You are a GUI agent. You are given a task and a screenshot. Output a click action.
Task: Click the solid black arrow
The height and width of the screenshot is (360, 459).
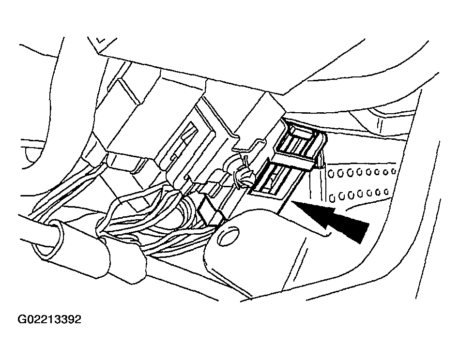331,218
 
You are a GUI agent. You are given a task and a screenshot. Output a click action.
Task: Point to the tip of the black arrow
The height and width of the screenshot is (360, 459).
291,201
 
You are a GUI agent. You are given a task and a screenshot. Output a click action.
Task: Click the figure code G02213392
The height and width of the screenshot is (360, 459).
49,319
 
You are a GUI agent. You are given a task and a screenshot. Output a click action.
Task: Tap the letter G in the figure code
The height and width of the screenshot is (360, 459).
22,319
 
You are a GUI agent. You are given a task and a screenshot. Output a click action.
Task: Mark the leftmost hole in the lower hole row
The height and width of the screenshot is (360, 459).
332,198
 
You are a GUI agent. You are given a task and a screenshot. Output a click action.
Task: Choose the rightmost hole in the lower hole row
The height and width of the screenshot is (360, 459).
386,192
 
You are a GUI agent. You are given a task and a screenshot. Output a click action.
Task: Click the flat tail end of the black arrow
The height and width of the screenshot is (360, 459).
363,232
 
